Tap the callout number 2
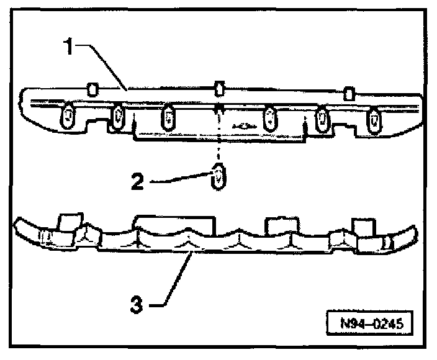coord(139,181)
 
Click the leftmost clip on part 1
coord(68,117)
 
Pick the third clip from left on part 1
coord(168,118)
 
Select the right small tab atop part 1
coord(349,93)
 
